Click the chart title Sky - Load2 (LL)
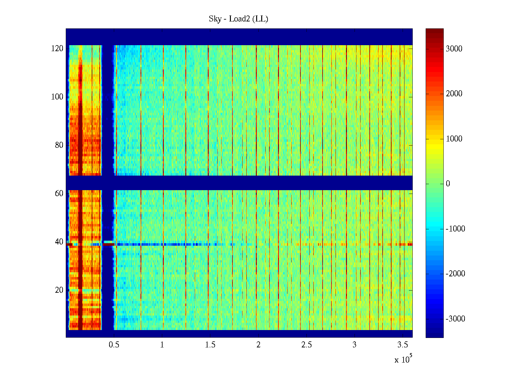(x=238, y=19)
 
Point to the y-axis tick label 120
(x=57, y=49)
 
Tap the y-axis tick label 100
(x=57, y=97)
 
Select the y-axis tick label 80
(x=59, y=145)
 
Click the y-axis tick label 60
(x=59, y=194)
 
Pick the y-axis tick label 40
(x=59, y=242)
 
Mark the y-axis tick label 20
(x=59, y=290)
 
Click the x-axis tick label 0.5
(x=114, y=345)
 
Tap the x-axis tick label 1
(x=162, y=345)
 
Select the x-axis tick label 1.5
(x=210, y=345)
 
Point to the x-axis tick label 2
(x=258, y=345)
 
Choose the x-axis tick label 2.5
(x=306, y=345)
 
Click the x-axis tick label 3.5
(x=403, y=345)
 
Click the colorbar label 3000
(x=454, y=49)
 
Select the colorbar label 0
(x=448, y=184)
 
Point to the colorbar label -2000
(x=455, y=274)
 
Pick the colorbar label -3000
(x=455, y=319)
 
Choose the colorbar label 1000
(x=454, y=139)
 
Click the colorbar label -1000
(x=455, y=229)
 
